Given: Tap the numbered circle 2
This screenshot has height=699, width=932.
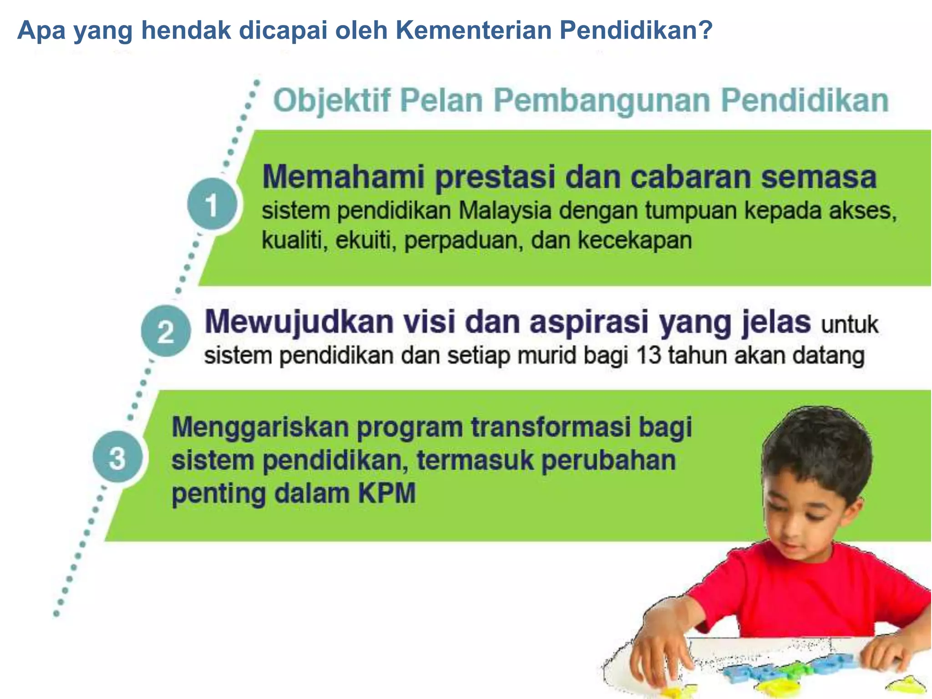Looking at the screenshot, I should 166,331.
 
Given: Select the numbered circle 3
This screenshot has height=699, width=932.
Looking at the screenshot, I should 117,457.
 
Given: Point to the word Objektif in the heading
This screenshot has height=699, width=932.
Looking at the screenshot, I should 332,101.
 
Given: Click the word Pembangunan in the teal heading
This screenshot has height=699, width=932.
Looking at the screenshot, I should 602,101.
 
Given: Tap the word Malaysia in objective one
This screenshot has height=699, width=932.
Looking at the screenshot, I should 505,211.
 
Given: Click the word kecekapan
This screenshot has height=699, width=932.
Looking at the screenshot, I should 634,240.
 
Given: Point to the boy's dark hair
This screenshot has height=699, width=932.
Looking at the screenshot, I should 819,446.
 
